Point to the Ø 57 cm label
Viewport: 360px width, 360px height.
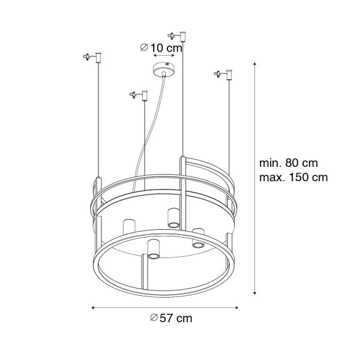click(x=172, y=319)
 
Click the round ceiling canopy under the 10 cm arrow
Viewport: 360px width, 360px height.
click(x=164, y=69)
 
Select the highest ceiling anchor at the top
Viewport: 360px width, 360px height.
click(x=181, y=34)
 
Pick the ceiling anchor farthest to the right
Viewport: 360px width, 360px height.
click(x=226, y=75)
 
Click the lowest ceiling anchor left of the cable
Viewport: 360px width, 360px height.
click(x=142, y=95)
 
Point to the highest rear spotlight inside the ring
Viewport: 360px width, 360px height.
click(x=173, y=217)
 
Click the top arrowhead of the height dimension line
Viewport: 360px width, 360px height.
click(x=256, y=63)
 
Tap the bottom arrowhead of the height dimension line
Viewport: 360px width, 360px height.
click(x=256, y=293)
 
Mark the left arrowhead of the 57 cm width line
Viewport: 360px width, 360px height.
click(x=93, y=308)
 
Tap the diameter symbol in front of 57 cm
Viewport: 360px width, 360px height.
click(x=154, y=319)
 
